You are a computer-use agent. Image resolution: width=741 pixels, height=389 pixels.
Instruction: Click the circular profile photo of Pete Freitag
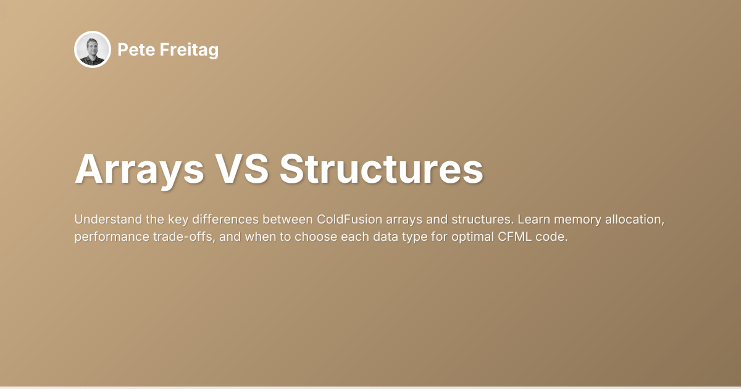[93, 49]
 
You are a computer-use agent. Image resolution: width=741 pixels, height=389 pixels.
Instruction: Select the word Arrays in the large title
[139, 169]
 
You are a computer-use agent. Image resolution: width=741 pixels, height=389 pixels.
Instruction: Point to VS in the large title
[241, 169]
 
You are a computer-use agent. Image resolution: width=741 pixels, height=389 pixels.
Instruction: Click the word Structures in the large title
[381, 169]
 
